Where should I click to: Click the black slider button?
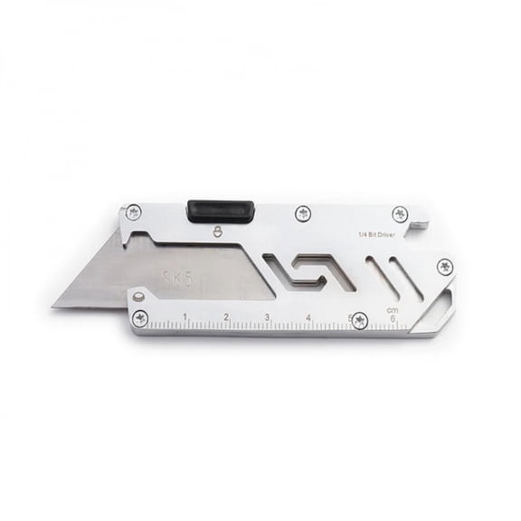220,210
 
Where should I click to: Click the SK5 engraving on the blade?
177,279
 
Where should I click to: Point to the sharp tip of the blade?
54,305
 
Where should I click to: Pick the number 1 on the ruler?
185,317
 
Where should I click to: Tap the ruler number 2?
226,317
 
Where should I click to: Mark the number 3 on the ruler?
268,317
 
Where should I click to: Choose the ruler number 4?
309,317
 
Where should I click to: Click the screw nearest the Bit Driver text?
400,214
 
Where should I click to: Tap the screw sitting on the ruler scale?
359,318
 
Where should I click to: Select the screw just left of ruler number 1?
140,317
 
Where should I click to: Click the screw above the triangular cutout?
444,266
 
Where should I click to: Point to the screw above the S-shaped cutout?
303,214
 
